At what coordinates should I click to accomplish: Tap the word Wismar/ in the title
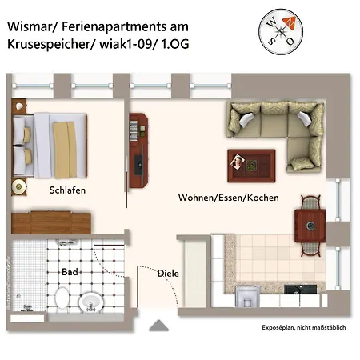(x=35, y=25)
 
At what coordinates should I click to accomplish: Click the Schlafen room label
(x=67, y=190)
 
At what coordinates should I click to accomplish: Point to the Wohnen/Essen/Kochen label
(x=228, y=197)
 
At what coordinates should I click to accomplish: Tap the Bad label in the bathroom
(x=70, y=272)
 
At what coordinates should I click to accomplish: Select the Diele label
(x=168, y=274)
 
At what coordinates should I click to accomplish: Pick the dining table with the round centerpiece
(x=309, y=222)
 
